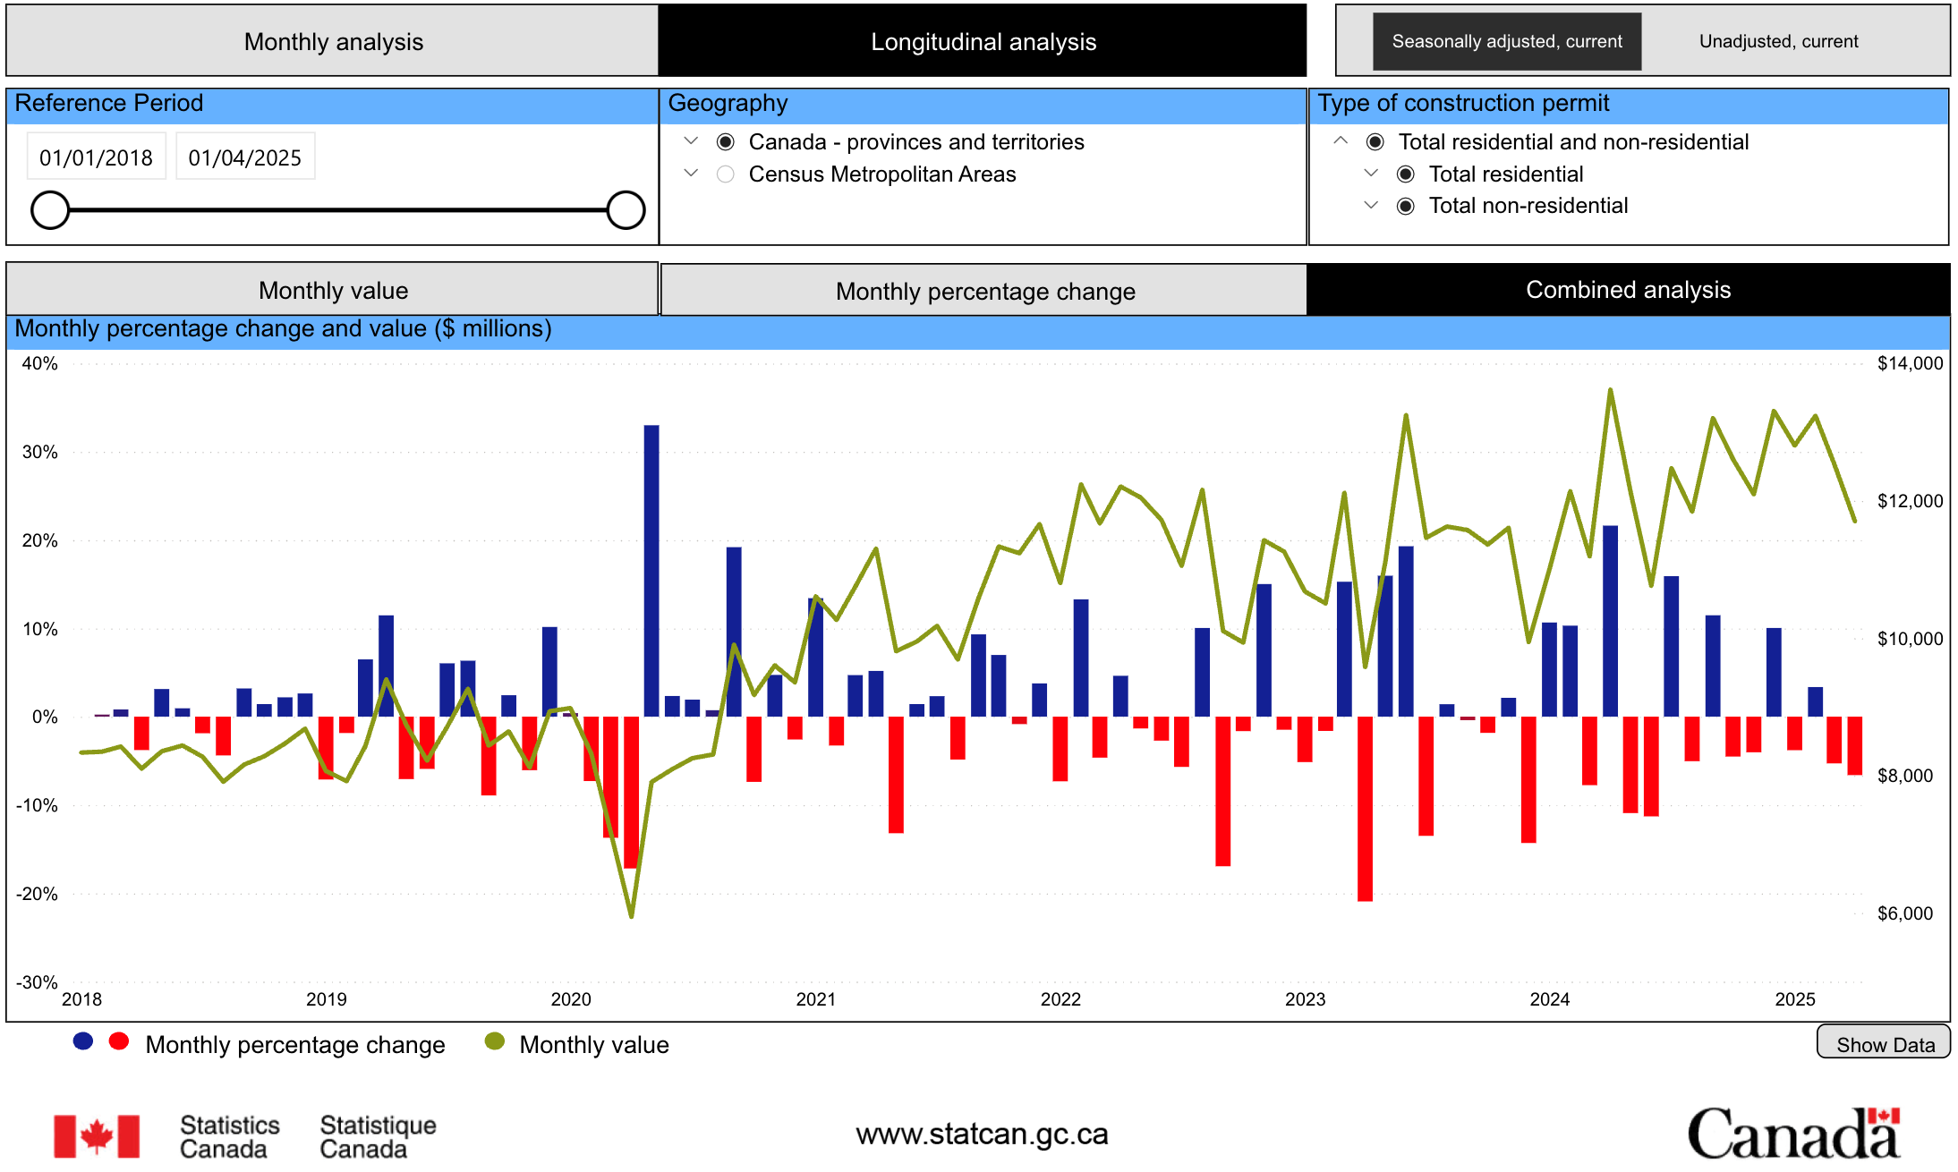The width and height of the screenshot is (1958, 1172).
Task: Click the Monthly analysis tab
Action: tap(333, 41)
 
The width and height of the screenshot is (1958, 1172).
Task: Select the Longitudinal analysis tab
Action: tap(983, 41)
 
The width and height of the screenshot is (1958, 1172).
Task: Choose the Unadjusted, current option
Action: tap(1778, 41)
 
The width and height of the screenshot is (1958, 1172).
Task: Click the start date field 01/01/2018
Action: tap(96, 157)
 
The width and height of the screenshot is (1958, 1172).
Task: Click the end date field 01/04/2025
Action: tap(244, 157)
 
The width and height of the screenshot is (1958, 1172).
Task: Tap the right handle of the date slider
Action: tap(626, 210)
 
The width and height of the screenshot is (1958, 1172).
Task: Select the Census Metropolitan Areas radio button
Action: tap(726, 174)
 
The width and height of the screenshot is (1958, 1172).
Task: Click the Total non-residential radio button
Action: tap(1406, 207)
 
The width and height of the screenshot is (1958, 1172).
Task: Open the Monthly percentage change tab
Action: tap(984, 291)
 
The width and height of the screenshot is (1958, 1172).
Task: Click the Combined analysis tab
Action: tap(1628, 290)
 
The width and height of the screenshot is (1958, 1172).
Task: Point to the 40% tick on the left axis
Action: tap(39, 363)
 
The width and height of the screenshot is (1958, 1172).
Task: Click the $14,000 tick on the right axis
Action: tap(1910, 363)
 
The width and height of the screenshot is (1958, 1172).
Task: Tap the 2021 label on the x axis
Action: tap(815, 999)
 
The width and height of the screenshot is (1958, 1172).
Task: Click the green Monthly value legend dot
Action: tap(494, 1042)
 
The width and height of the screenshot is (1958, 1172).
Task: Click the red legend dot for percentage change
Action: tap(118, 1042)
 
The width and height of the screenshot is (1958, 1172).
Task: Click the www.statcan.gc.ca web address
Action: tap(982, 1134)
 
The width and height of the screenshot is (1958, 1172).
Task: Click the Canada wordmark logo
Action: tap(1793, 1134)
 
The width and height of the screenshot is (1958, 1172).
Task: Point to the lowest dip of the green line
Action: tap(631, 916)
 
